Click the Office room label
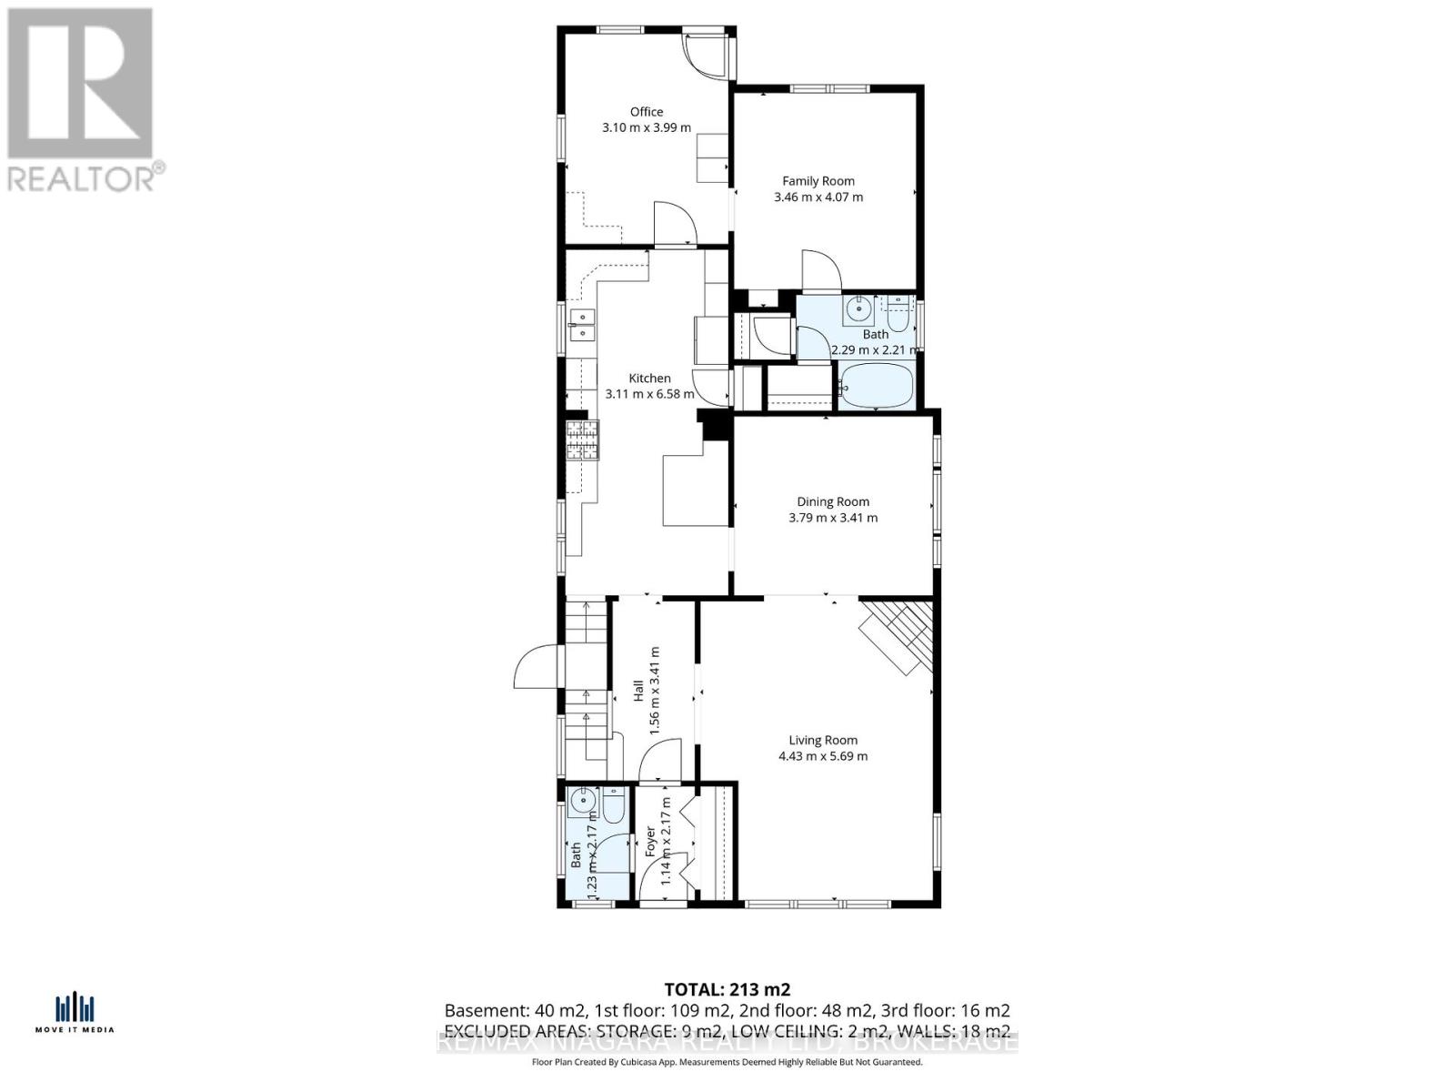click(x=647, y=112)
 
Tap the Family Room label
click(x=818, y=181)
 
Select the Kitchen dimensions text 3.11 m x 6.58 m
click(x=649, y=394)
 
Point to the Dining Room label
click(x=833, y=501)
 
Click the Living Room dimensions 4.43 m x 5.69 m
click(x=823, y=756)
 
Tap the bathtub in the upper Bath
click(x=875, y=385)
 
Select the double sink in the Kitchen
click(x=581, y=325)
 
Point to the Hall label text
click(x=638, y=691)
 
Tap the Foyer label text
click(x=650, y=842)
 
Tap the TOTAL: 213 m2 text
click(x=727, y=989)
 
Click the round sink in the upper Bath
click(x=858, y=309)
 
